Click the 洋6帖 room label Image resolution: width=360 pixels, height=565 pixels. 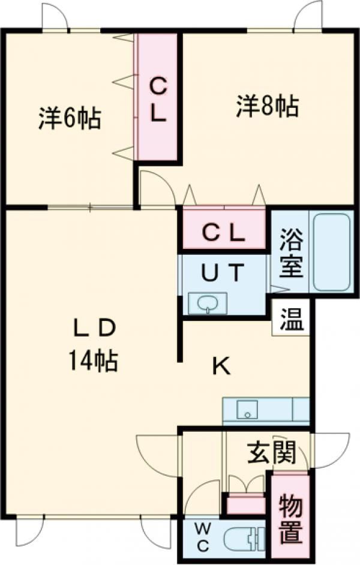(69, 118)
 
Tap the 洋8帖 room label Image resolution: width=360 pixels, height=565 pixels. (268, 106)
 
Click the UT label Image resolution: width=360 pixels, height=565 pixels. (223, 272)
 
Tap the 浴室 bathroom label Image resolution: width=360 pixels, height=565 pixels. (291, 253)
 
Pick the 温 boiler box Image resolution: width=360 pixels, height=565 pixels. (291, 319)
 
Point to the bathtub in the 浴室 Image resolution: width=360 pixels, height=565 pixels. (332, 253)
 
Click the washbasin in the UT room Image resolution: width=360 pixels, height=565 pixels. (208, 303)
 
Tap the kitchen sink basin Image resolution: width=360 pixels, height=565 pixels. (247, 409)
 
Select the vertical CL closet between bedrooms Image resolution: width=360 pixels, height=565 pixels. (158, 97)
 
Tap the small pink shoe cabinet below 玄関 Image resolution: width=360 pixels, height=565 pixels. (246, 504)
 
